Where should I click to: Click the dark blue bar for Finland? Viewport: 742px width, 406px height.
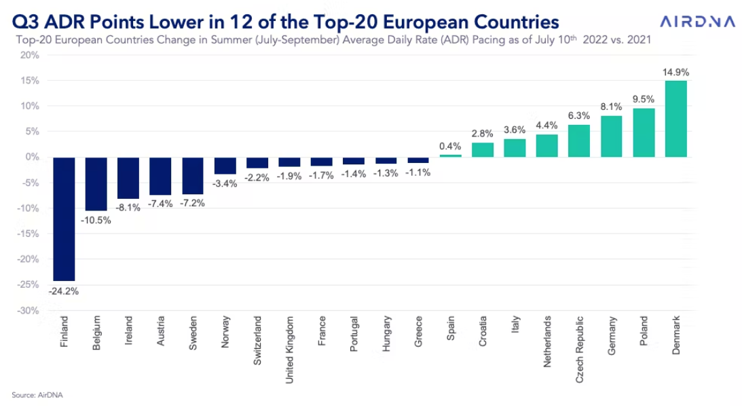[x=63, y=219]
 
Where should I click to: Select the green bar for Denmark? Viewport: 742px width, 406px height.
[x=675, y=119]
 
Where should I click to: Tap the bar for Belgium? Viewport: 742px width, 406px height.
[x=96, y=183]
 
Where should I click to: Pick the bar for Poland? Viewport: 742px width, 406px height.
[x=644, y=132]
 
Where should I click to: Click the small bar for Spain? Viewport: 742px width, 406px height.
[x=450, y=155]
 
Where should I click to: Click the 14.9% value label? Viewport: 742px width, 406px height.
[x=675, y=71]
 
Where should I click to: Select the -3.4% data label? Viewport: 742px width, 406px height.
[x=225, y=184]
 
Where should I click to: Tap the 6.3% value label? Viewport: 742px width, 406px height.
[x=579, y=115]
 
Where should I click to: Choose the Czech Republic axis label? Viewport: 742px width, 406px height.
[x=579, y=348]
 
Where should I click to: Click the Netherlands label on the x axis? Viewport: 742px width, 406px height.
[x=547, y=342]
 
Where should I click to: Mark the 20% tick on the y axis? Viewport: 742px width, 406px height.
[x=30, y=55]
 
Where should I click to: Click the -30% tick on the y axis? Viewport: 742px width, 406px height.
[x=29, y=311]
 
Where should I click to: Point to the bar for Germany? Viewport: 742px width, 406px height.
[x=611, y=136]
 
